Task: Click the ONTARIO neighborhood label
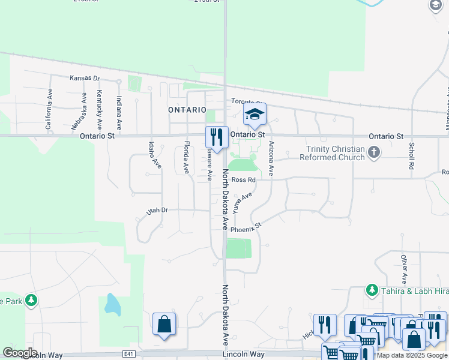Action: point(187,110)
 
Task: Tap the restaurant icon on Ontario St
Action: point(217,137)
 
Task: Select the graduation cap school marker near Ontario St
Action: point(255,114)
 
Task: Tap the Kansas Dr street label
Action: point(84,78)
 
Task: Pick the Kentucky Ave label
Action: point(100,110)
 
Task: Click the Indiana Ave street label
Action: point(119,113)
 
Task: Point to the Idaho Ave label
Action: point(155,155)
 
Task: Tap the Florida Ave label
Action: point(187,157)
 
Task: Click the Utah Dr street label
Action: point(157,211)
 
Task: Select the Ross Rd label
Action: point(244,179)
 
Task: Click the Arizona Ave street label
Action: point(271,158)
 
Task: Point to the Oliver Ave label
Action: point(404,268)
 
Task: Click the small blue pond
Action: point(112,305)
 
